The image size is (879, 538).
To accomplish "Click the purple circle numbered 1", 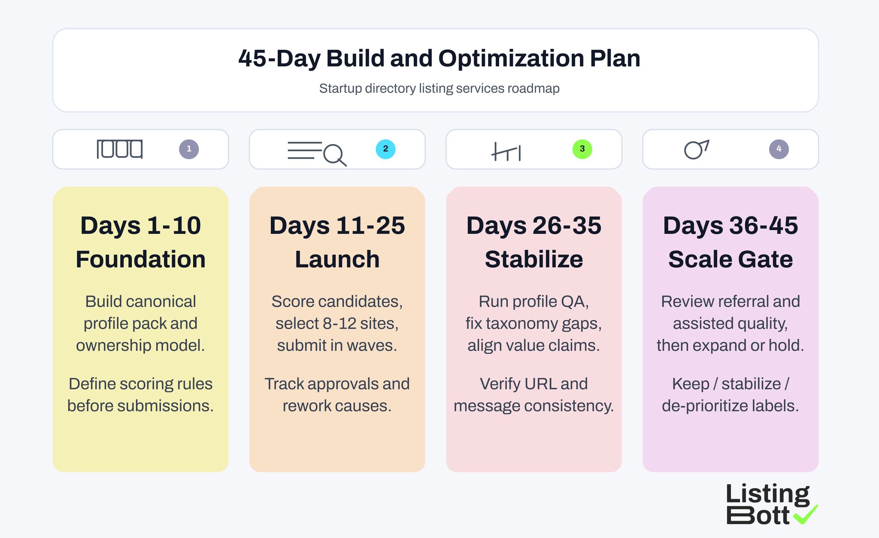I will pyautogui.click(x=189, y=149).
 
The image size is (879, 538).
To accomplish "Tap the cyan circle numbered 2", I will pyautogui.click(x=385, y=149).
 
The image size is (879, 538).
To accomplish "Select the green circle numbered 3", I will pyautogui.click(x=582, y=149).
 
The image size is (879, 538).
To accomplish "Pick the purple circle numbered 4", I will pyautogui.click(x=779, y=149).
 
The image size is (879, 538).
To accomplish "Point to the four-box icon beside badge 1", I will pyautogui.click(x=120, y=149).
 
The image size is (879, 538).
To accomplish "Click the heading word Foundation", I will pyautogui.click(x=140, y=259).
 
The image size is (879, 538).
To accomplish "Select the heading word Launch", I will pyautogui.click(x=337, y=259).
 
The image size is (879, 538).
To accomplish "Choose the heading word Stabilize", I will pyautogui.click(x=533, y=259).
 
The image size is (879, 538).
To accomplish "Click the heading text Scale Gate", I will pyautogui.click(x=730, y=259).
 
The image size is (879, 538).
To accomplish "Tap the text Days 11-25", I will pyautogui.click(x=337, y=226).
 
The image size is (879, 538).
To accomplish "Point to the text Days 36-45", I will pyautogui.click(x=730, y=226).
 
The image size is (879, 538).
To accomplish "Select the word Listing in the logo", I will pyautogui.click(x=767, y=494).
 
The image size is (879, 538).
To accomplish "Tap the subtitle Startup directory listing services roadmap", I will pyautogui.click(x=439, y=88).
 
